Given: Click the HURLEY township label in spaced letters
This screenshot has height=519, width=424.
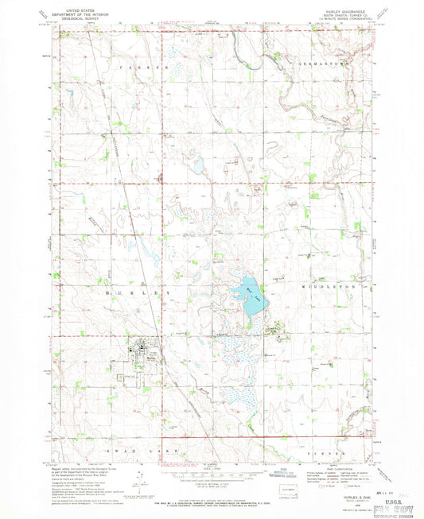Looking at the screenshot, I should (x=142, y=293).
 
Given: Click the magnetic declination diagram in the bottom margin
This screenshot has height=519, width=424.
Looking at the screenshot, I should (x=142, y=477).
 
